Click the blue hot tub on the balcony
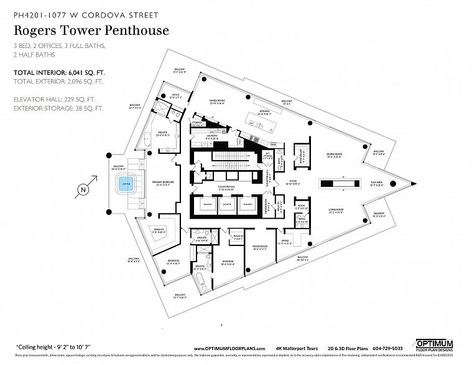coord(126,184)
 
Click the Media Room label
coord(259,247)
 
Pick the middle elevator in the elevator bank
coord(226,204)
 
